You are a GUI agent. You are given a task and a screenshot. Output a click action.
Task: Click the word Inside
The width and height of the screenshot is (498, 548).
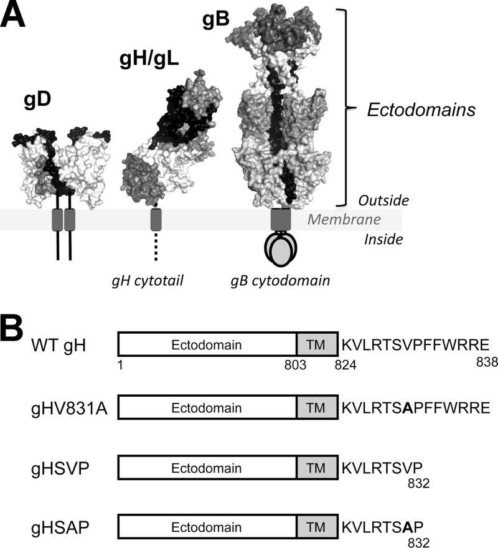[383, 239]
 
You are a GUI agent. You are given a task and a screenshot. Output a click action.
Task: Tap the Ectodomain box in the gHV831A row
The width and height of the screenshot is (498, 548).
[208, 408]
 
